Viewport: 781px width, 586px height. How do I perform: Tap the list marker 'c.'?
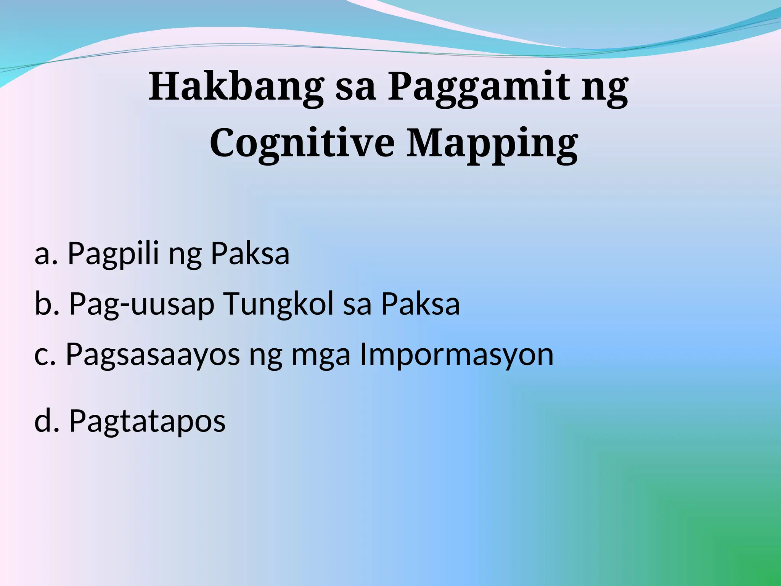pyautogui.click(x=45, y=355)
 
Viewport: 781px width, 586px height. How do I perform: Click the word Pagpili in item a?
pyautogui.click(x=113, y=254)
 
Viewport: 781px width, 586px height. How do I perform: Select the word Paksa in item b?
pyautogui.click(x=420, y=304)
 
